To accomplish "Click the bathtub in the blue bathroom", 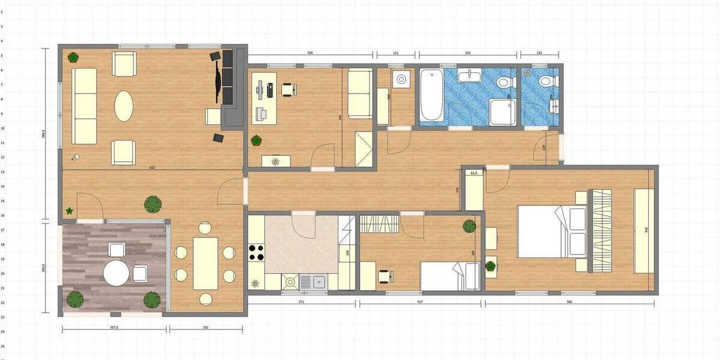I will click(431, 95).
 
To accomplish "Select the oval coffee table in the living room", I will click(124, 106).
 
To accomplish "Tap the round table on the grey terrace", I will click(116, 274).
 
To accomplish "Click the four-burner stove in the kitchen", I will click(256, 252).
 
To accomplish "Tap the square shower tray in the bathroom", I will click(502, 112).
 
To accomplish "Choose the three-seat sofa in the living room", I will click(84, 106).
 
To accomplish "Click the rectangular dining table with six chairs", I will click(205, 263).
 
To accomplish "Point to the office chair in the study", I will click(287, 90).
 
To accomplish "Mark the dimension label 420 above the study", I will click(310, 53).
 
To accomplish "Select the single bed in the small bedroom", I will click(449, 276).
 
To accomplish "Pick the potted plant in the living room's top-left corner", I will click(73, 58).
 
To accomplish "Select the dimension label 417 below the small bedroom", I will click(420, 301).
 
